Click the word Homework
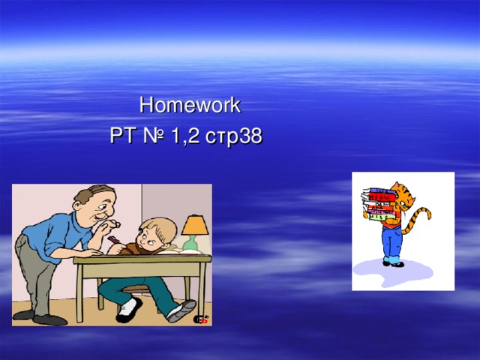(x=190, y=105)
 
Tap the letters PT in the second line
(x=121, y=136)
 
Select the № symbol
(x=153, y=136)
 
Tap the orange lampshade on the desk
(x=194, y=224)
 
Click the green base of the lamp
(x=190, y=244)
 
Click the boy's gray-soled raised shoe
(x=181, y=310)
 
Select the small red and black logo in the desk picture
(x=201, y=319)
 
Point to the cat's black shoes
(x=393, y=263)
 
